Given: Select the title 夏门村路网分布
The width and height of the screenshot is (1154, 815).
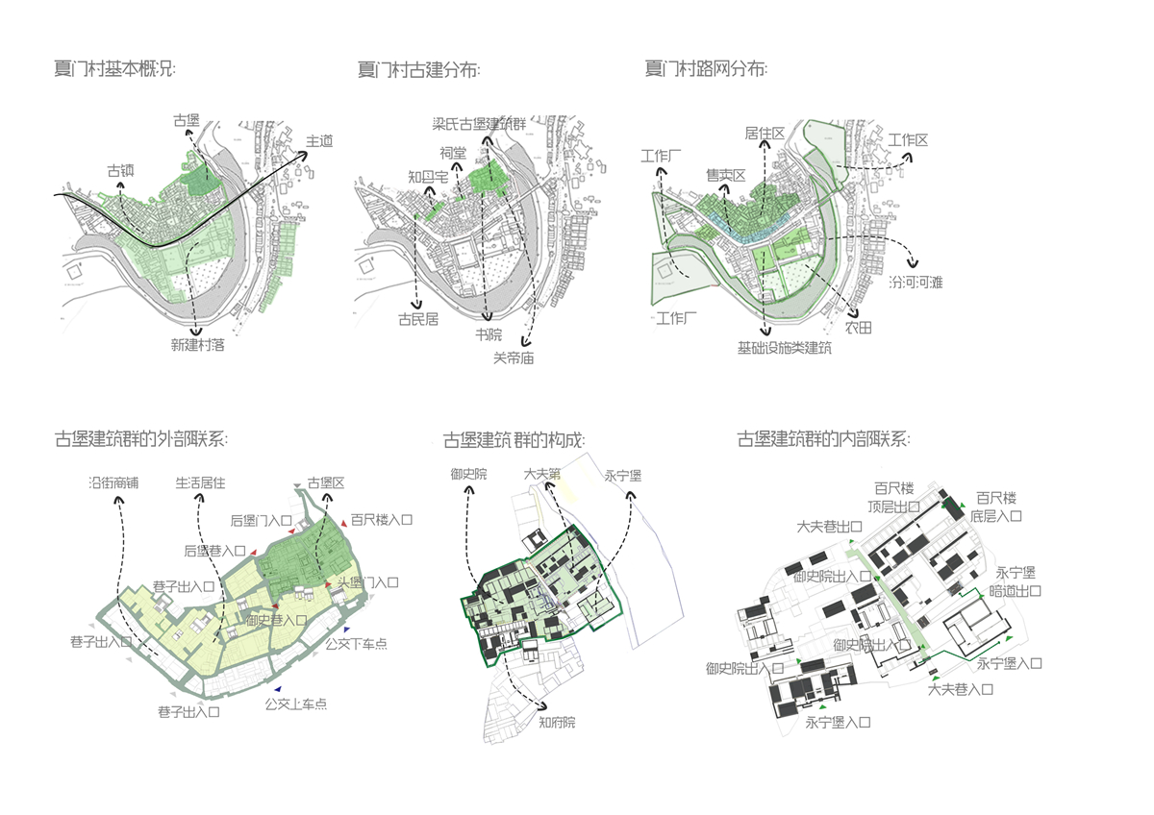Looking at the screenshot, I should (706, 69).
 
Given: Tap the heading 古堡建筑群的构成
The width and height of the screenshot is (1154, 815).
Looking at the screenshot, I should (514, 440).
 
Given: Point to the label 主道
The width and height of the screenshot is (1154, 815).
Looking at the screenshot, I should (319, 141).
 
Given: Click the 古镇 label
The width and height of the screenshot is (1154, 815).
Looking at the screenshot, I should (120, 170).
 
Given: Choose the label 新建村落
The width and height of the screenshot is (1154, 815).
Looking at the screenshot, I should (198, 344).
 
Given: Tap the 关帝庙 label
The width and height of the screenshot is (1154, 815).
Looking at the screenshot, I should (514, 357).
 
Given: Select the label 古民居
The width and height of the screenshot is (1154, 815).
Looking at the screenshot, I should (418, 319).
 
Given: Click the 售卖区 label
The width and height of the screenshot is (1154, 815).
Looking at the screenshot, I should (726, 175).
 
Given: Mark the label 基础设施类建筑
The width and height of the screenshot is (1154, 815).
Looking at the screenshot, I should (784, 347).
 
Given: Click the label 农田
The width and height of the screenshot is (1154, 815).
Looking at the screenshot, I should (858, 328).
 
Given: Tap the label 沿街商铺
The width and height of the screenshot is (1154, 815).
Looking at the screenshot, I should (113, 482).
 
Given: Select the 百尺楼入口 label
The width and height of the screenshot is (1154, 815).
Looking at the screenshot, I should (381, 520).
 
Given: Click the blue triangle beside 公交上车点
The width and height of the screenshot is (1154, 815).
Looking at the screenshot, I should (277, 689).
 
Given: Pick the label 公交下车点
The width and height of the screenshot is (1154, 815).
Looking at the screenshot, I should (357, 643).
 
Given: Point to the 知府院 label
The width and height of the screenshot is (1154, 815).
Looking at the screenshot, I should (557, 722).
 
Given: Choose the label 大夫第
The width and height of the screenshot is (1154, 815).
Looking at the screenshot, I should (544, 474).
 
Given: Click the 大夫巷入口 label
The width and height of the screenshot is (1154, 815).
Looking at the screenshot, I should (961, 689).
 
